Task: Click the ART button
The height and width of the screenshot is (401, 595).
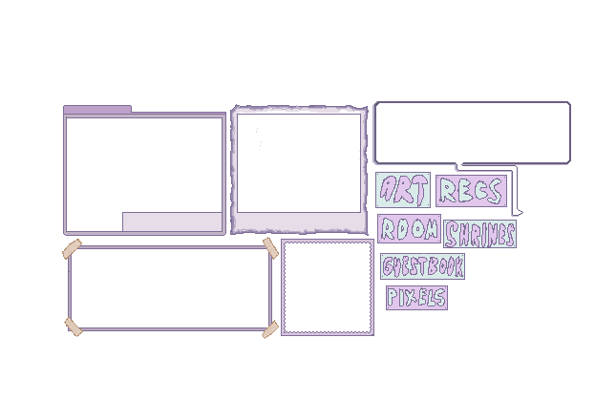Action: tap(402, 191)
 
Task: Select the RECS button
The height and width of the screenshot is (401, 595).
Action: tap(469, 191)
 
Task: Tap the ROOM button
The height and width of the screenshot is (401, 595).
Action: tap(409, 229)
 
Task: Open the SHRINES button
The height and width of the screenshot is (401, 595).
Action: tap(479, 235)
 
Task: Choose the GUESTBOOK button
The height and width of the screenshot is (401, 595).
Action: tap(422, 266)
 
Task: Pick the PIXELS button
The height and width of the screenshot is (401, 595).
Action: tap(416, 298)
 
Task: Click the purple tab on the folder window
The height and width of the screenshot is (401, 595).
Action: tap(97, 110)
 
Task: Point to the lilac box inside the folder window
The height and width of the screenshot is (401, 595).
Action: tap(172, 222)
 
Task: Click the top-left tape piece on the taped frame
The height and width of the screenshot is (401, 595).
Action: tap(73, 250)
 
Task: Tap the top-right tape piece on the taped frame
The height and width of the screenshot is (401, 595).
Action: tap(270, 248)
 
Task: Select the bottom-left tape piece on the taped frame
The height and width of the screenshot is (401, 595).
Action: tap(74, 327)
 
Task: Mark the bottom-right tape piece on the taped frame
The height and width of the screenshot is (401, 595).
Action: tap(270, 328)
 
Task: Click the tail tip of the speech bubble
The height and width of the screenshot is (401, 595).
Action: tap(519, 211)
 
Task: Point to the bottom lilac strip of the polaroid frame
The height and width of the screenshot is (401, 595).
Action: tap(298, 222)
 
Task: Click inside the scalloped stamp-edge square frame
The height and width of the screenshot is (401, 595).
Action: tap(327, 286)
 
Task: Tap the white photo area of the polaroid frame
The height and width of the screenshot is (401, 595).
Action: tap(298, 162)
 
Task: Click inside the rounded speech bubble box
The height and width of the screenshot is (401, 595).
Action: tap(472, 133)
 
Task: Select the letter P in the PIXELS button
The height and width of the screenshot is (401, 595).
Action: tap(393, 298)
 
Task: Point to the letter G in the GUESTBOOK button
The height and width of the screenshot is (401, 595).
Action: tap(388, 266)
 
